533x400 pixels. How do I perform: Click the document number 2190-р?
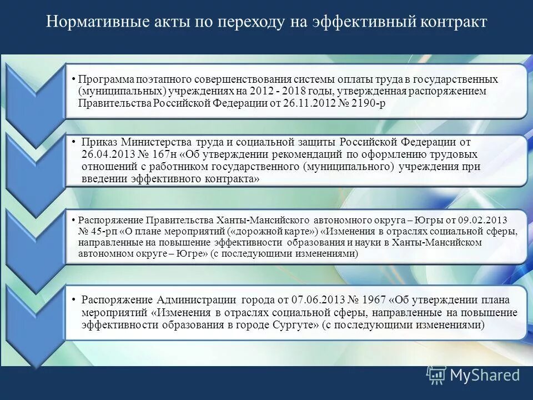tap(369, 103)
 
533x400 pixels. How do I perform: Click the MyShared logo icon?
tap(436, 376)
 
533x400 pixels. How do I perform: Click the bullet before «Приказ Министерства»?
tap(74, 141)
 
